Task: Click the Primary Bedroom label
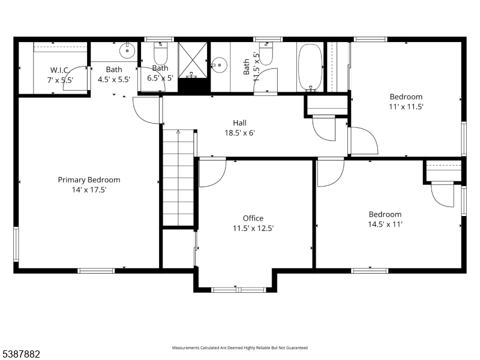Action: (x=89, y=179)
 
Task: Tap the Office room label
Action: (x=253, y=218)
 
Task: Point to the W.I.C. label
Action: (x=59, y=70)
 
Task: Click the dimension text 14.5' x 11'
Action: (x=385, y=224)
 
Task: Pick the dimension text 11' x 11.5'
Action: (x=406, y=107)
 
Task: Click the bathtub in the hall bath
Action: (x=310, y=66)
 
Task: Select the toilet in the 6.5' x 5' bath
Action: (x=160, y=55)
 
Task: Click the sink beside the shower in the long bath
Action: (x=217, y=63)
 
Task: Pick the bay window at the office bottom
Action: (x=238, y=289)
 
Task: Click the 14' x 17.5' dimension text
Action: (x=89, y=190)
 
